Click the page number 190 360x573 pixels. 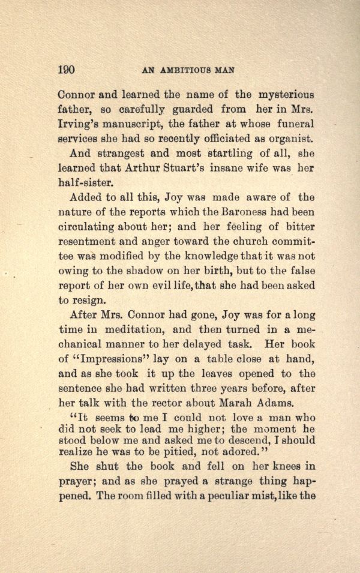click(x=66, y=70)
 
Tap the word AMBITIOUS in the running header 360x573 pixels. click(x=188, y=70)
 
